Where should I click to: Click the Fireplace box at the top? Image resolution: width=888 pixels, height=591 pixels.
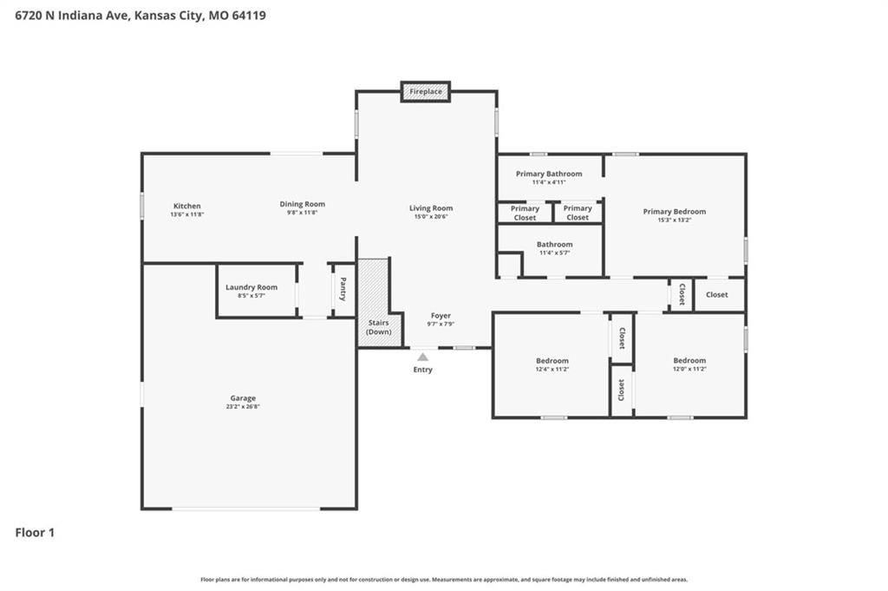(x=425, y=91)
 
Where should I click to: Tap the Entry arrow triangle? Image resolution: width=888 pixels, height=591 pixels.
(x=422, y=357)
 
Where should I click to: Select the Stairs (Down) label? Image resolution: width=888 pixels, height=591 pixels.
(x=379, y=327)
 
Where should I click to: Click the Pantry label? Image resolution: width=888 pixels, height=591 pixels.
(x=343, y=289)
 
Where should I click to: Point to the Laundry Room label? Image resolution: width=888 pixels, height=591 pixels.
(x=251, y=287)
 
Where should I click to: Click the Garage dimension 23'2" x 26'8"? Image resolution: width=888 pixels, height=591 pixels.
(x=243, y=406)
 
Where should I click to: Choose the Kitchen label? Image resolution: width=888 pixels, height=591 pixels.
(x=187, y=206)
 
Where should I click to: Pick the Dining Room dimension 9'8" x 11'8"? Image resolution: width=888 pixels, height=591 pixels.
(x=302, y=213)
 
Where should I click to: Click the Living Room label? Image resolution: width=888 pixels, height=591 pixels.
(x=431, y=208)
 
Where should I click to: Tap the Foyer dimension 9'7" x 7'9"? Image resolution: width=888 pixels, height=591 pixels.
(x=441, y=324)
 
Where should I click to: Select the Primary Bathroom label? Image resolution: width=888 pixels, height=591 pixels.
(x=549, y=174)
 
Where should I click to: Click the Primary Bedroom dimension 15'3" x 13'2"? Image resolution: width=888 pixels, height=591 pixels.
(x=675, y=220)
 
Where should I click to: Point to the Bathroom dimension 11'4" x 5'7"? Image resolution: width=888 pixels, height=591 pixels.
(x=554, y=253)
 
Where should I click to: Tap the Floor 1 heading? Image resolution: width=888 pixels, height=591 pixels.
(x=35, y=533)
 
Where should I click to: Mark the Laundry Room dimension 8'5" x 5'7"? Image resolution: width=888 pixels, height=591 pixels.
(x=251, y=296)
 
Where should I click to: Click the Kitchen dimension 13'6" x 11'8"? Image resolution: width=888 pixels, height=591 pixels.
(x=187, y=214)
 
